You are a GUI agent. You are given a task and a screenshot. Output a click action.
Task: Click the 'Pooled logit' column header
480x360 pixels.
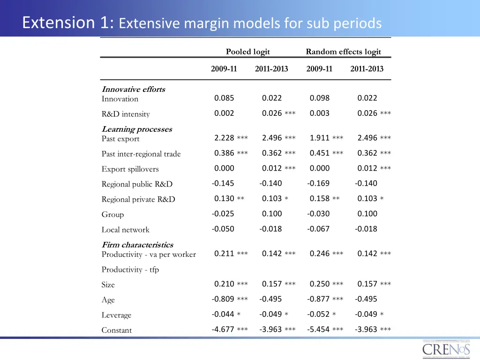pos(247,52)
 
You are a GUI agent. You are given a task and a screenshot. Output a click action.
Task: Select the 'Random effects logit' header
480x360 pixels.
pos(343,52)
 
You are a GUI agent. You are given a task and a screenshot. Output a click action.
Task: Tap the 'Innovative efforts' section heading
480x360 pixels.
pos(134,89)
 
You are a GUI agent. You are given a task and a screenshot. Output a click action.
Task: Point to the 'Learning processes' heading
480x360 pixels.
pos(137,129)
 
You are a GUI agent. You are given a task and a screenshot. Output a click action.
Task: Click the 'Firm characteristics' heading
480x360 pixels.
pos(137,245)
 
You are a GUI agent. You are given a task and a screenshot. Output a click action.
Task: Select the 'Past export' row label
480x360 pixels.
pos(120,139)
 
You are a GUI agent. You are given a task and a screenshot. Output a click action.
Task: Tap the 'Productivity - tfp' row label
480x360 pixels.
pos(130,270)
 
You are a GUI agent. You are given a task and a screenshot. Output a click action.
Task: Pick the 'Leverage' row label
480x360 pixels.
pos(116,315)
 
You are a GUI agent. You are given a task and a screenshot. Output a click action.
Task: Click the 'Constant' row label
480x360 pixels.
pos(117,330)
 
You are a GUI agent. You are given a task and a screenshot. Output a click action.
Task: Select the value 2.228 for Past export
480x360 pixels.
pos(224,138)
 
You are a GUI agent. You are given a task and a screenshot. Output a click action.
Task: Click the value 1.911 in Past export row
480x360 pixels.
pos(320,138)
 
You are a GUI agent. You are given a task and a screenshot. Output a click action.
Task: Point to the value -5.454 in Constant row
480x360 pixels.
pos(318,329)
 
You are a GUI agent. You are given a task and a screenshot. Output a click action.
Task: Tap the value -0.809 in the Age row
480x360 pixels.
pos(223,299)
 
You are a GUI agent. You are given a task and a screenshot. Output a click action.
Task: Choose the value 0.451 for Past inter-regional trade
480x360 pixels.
pos(320,153)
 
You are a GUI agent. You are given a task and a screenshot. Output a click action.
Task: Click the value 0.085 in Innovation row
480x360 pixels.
pos(224,98)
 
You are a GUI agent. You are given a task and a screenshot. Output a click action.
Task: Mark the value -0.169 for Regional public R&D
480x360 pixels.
pos(318,183)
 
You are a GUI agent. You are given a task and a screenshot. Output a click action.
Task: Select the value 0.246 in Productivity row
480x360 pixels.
pos(320,254)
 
